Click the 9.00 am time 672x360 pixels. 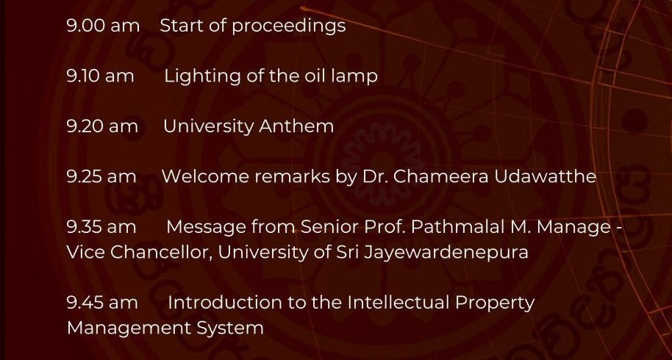pyautogui.click(x=103, y=25)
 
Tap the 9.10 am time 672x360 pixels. pyautogui.click(x=100, y=76)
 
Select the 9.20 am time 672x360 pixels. pyautogui.click(x=102, y=126)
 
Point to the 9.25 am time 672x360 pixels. pyautogui.click(x=101, y=176)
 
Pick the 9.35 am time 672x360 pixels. pyautogui.click(x=101, y=227)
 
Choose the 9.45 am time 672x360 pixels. pyautogui.click(x=102, y=303)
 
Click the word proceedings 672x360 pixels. pyautogui.click(x=289, y=26)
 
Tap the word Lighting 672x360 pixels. pyautogui.click(x=203, y=77)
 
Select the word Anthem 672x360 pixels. pyautogui.click(x=296, y=126)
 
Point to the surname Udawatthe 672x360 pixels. pyautogui.click(x=545, y=176)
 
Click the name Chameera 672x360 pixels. pyautogui.click(x=440, y=176)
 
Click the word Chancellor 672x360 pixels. pyautogui.click(x=161, y=252)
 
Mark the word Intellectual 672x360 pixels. pyautogui.click(x=398, y=303)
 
